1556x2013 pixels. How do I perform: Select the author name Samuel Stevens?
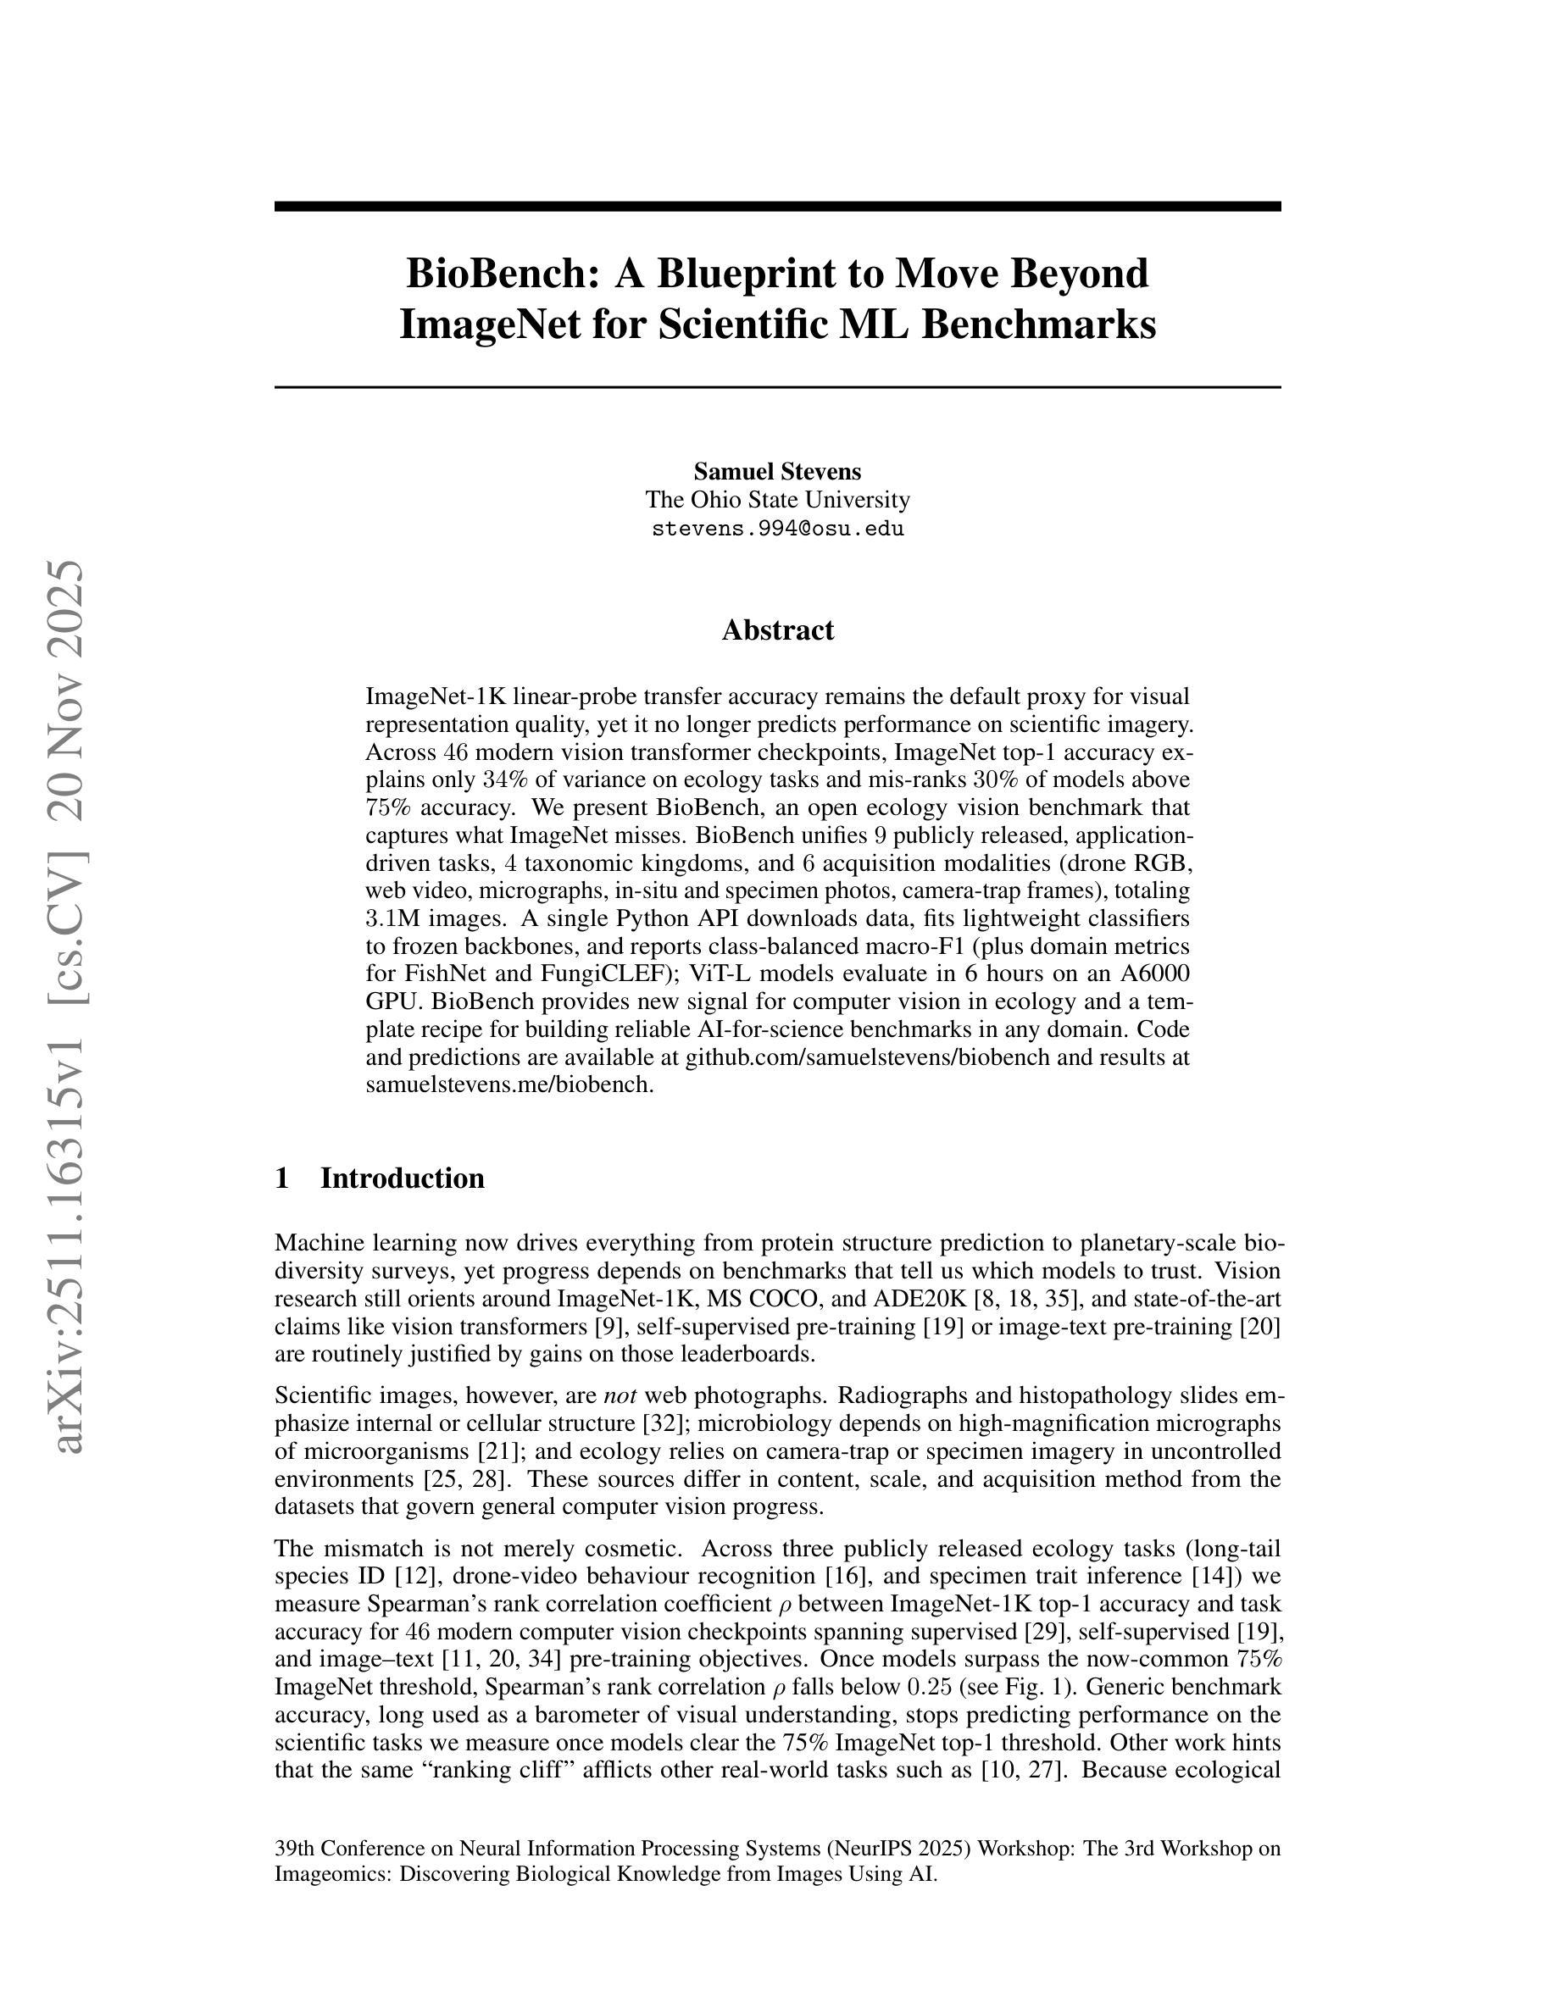click(777, 472)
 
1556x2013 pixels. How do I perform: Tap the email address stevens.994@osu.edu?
click(777, 529)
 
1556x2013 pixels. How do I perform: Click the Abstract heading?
click(777, 630)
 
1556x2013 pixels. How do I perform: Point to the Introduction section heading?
click(402, 1178)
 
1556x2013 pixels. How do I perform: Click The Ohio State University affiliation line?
click(777, 501)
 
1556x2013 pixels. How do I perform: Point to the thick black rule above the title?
click(777, 207)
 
